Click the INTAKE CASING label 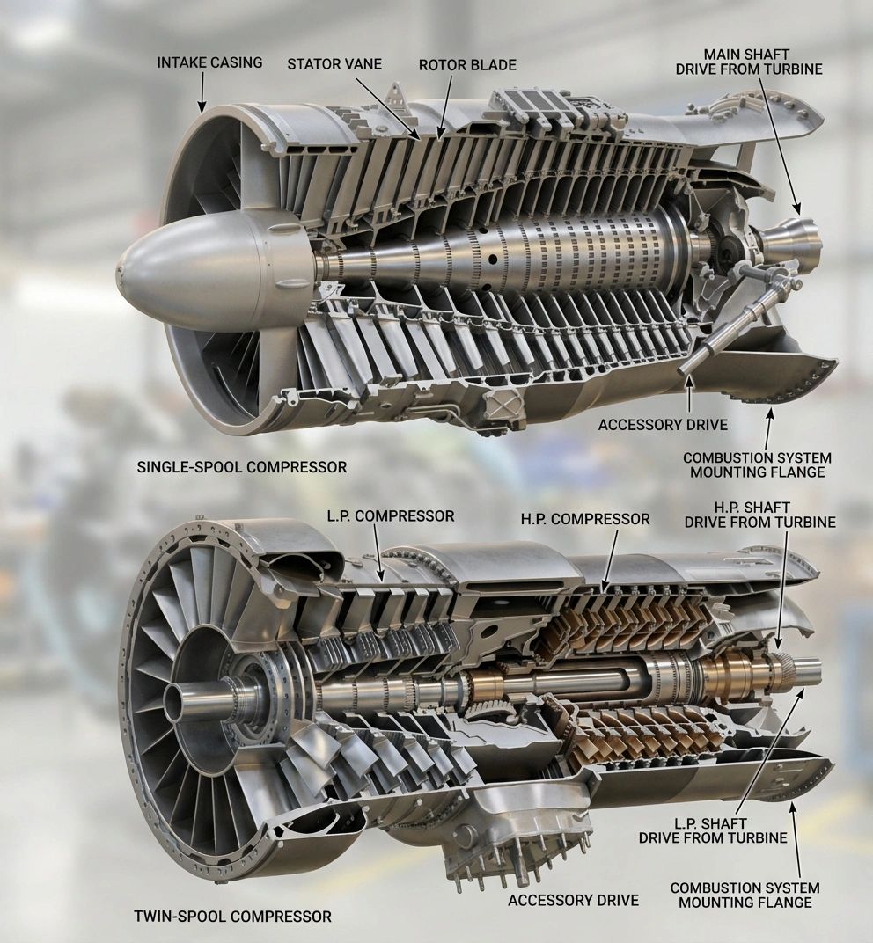(x=209, y=62)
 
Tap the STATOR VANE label (x=334, y=63)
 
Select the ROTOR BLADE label (x=467, y=64)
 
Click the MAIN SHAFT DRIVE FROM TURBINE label (x=748, y=62)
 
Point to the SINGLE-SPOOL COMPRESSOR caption (x=242, y=467)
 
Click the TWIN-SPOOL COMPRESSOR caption (x=232, y=917)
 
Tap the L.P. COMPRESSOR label (x=391, y=516)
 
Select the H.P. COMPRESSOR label (x=585, y=518)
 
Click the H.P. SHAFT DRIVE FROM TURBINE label (x=759, y=515)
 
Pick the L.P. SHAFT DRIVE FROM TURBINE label (x=713, y=830)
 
